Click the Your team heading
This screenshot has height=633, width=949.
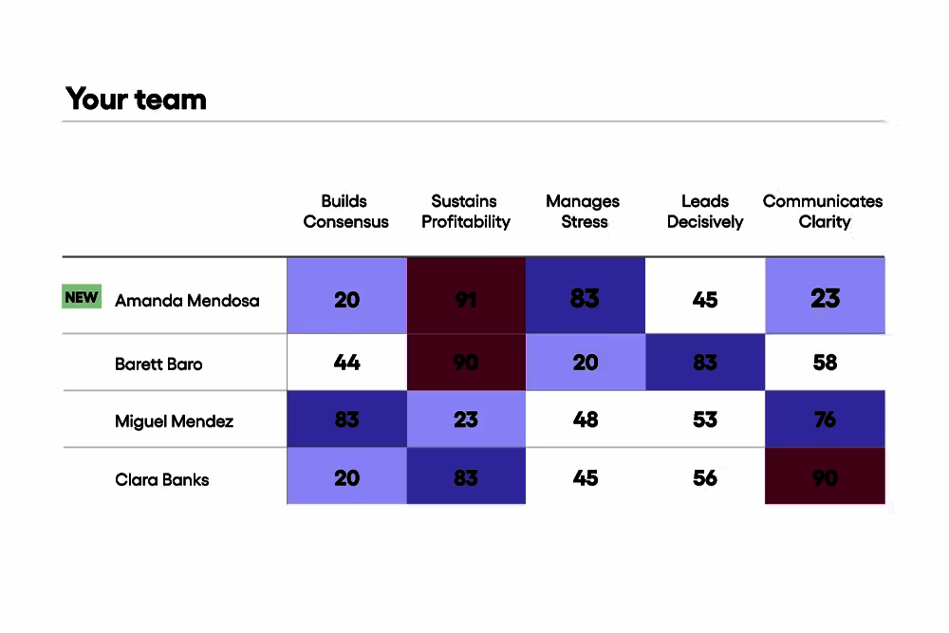pos(136,99)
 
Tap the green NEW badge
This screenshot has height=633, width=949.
pos(82,297)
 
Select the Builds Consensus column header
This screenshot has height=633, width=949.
pos(345,212)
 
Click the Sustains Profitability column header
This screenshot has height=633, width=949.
pos(466,212)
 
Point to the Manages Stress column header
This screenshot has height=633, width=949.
pos(584,212)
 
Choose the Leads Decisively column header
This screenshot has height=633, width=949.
pos(705,212)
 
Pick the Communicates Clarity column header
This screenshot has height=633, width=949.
pos(823,212)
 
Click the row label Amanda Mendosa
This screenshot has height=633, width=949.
pos(187,301)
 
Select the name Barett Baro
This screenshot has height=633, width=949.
pos(158,363)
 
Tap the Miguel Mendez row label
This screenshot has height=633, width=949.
pos(174,420)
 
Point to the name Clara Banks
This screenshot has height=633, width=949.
pos(161,479)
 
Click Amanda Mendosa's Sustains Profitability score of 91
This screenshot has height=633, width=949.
pos(466,300)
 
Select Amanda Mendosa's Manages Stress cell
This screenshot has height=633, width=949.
pos(585,299)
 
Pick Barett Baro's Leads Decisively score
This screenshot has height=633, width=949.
pos(705,363)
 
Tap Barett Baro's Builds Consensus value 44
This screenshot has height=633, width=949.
pos(347,363)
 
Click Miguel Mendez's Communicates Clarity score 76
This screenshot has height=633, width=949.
pos(825,419)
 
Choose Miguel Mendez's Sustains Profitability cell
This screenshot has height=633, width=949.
pos(466,419)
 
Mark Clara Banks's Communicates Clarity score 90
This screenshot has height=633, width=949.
pos(825,477)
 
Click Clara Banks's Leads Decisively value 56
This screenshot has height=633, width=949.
pos(705,477)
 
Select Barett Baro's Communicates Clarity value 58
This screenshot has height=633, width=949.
pos(825,363)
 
